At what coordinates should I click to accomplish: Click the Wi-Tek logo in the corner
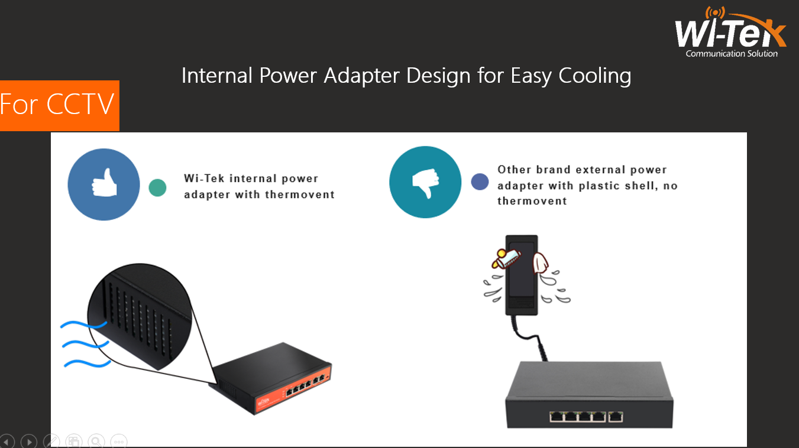(730, 33)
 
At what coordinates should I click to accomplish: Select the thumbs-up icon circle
(103, 184)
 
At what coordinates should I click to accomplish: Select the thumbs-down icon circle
(425, 182)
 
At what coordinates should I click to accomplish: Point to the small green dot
(157, 187)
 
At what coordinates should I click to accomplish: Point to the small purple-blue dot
(480, 181)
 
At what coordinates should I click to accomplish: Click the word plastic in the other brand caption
(602, 186)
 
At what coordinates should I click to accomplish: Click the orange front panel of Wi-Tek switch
(290, 394)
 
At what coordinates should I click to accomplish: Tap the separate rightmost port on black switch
(616, 417)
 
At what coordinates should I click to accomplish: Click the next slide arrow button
(28, 441)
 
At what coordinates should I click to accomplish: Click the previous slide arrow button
(6, 441)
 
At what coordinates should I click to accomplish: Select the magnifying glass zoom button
(96, 441)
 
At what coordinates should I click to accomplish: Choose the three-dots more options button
(118, 441)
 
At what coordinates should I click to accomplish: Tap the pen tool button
(51, 441)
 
